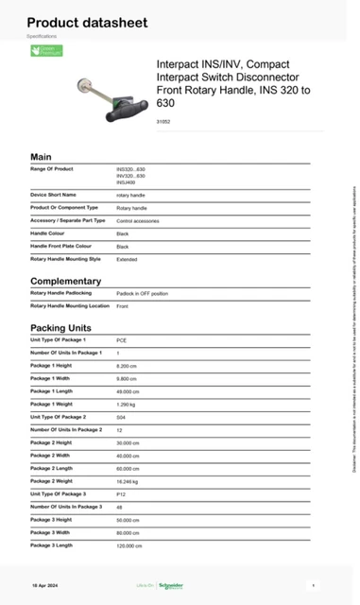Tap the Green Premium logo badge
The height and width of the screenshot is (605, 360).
[x=45, y=51]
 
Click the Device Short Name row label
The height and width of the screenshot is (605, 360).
[x=54, y=195]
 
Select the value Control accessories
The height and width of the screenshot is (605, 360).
[x=136, y=220]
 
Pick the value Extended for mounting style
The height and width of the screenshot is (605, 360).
[x=127, y=258]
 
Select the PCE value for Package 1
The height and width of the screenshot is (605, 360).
[x=122, y=339]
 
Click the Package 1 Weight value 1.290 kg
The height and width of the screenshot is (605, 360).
[x=127, y=404]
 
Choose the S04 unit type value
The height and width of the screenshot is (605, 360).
[x=121, y=417]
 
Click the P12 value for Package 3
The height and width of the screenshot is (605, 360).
[x=121, y=494]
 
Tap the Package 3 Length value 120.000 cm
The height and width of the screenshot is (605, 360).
[x=130, y=545]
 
